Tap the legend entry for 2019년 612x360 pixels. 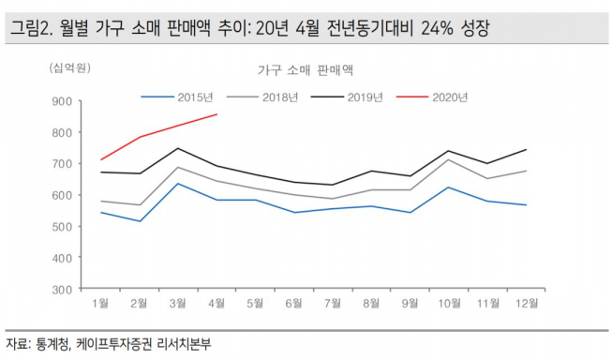tap(365, 97)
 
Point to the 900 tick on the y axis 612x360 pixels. tap(63, 101)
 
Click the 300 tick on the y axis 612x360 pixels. tap(63, 290)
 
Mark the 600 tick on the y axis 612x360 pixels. tap(63, 195)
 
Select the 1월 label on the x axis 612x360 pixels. tap(100, 304)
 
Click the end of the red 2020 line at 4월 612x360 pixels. tap(217, 114)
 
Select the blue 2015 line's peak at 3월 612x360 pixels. tap(177, 183)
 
